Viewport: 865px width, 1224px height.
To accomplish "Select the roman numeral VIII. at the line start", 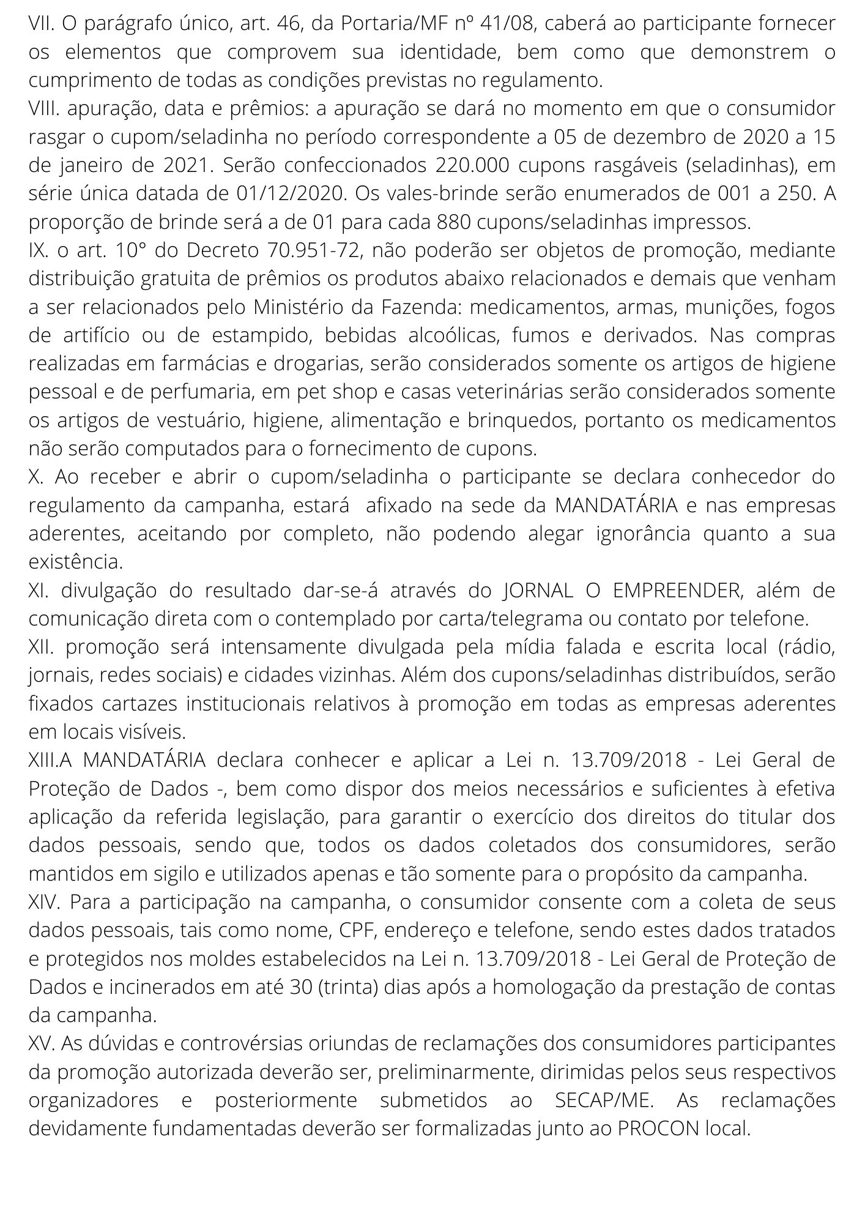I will tap(44, 109).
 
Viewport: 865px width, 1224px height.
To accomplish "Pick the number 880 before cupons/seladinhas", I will tap(453, 222).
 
